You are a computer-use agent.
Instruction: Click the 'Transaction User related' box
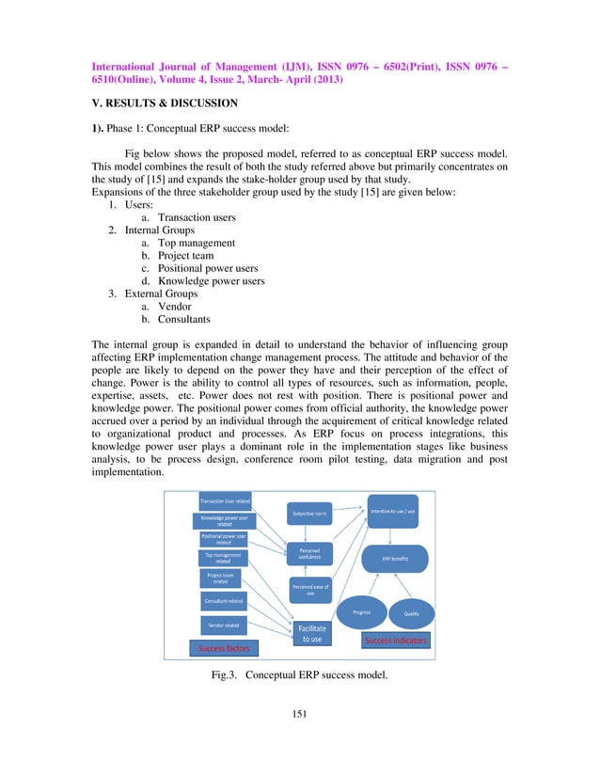[223, 500]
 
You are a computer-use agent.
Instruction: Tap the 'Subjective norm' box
[309, 514]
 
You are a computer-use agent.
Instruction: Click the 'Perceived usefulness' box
[309, 553]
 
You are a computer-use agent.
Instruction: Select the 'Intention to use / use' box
[393, 511]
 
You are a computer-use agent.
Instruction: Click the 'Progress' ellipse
[361, 612]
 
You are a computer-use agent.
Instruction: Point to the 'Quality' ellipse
[411, 613]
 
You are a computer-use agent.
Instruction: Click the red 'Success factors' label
[224, 648]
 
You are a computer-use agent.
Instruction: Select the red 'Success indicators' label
[395, 641]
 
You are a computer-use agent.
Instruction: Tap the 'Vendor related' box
[223, 624]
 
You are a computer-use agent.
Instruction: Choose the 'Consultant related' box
[223, 599]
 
